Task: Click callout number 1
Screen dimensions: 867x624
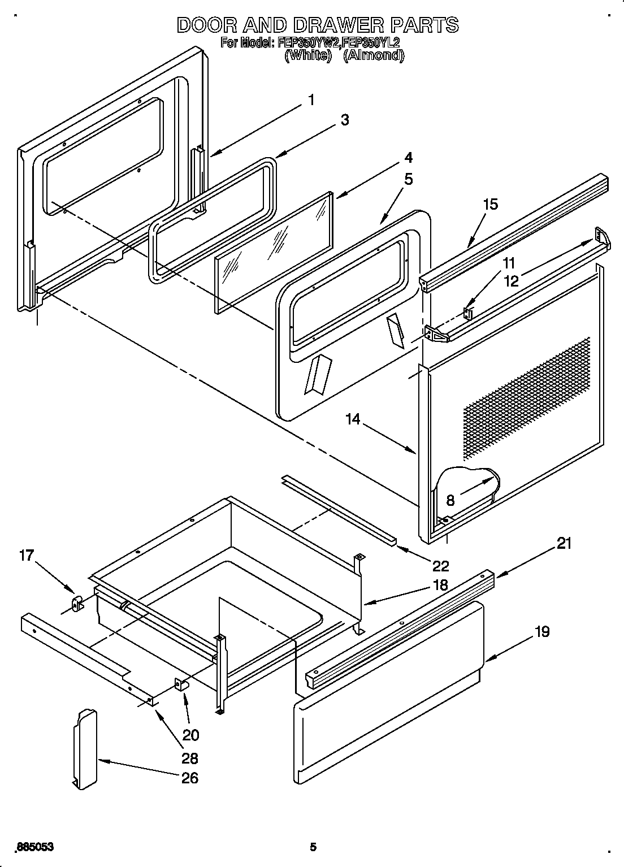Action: pos(311,100)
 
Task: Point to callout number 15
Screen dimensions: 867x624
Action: pos(491,204)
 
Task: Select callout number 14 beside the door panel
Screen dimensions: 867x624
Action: pos(353,419)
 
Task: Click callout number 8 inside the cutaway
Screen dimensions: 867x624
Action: pos(450,500)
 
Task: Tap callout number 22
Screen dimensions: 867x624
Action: pos(440,565)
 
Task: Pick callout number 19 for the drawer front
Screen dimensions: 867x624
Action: pos(541,631)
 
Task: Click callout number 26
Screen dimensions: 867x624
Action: pos(189,778)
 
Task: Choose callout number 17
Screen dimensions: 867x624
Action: pos(27,556)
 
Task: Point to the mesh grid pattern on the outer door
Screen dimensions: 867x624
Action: pos(526,396)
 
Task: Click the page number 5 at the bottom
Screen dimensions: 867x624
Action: pos(313,847)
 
